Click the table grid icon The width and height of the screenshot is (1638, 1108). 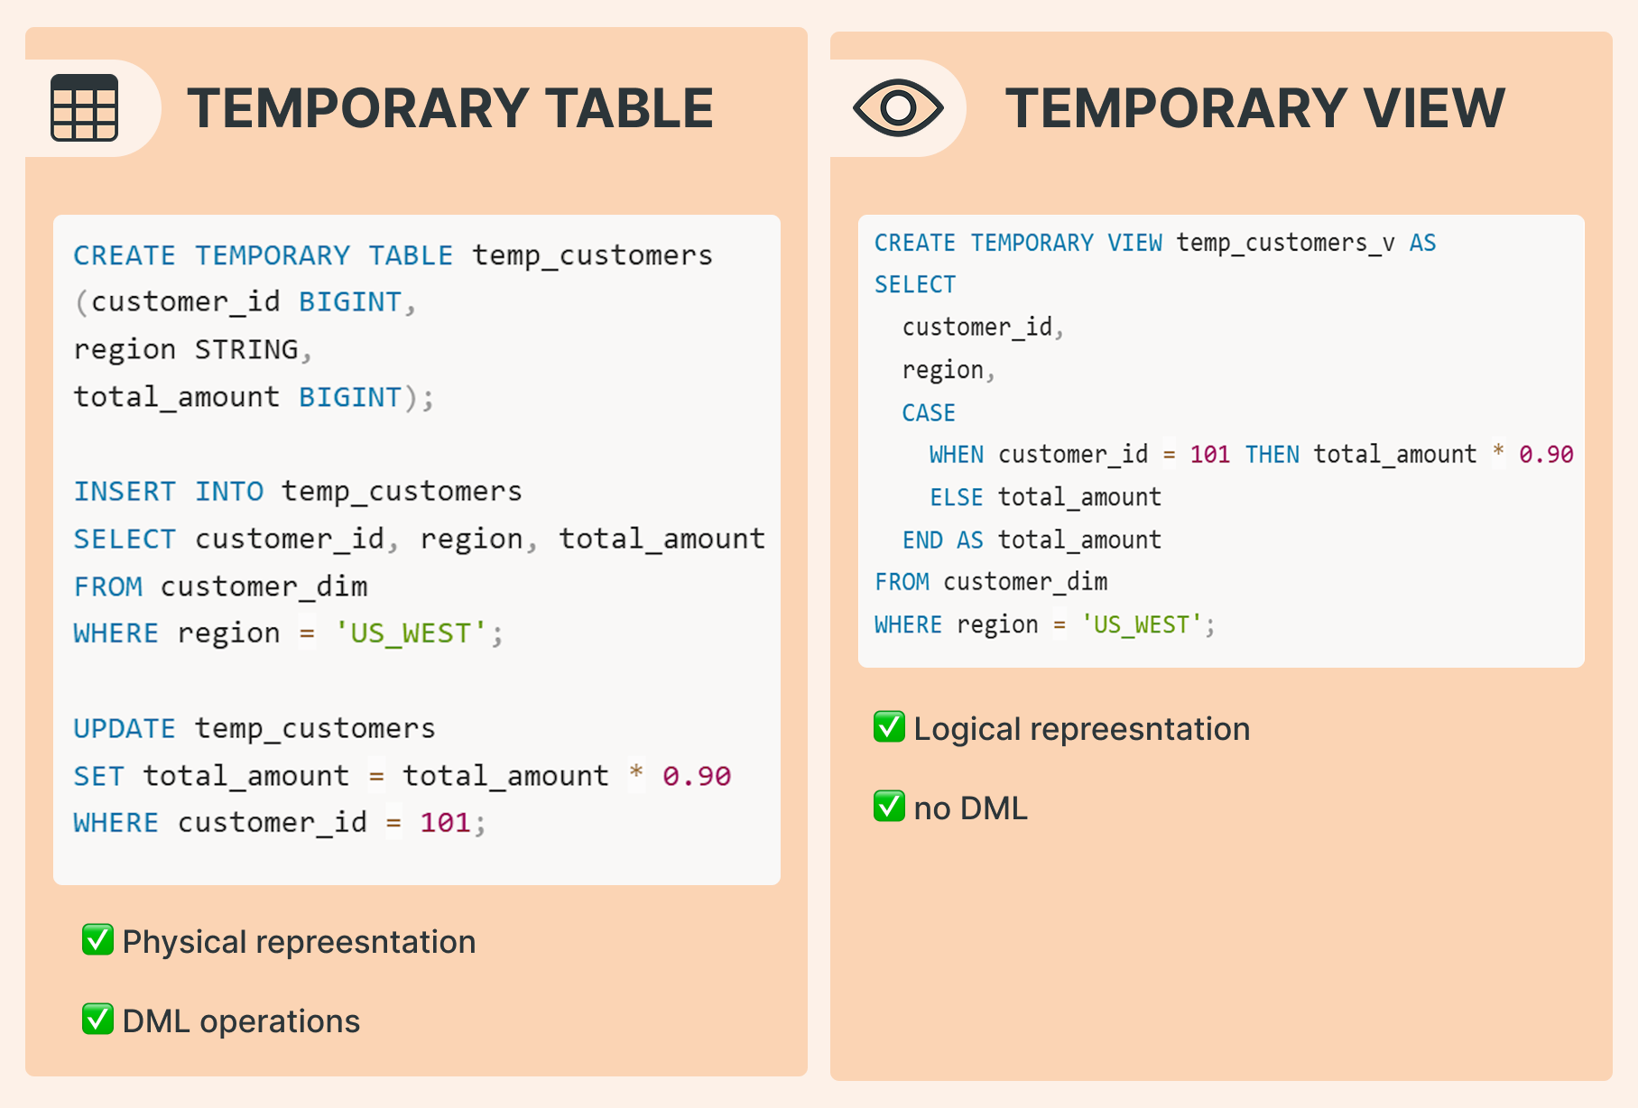coord(84,107)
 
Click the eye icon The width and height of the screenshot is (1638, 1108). coord(898,107)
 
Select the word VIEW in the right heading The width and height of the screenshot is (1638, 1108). coord(1434,109)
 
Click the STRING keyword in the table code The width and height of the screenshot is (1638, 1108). coord(246,349)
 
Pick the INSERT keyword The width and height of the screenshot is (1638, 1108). coord(125,491)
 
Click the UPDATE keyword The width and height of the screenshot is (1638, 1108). coord(125,728)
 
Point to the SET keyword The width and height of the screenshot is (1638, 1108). coord(98,776)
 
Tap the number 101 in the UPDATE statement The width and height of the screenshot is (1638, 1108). coord(445,823)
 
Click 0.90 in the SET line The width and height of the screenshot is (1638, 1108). coord(697,776)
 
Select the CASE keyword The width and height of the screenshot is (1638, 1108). coord(929,412)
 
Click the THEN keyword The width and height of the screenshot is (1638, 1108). coord(1272,455)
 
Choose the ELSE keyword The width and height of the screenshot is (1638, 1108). coord(956,497)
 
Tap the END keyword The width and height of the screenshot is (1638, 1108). coord(922,540)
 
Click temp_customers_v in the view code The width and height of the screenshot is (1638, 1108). coord(1285,243)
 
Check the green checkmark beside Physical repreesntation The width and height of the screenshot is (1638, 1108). coord(97,940)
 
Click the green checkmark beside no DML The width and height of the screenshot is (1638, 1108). coord(889,807)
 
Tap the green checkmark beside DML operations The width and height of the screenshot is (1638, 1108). coord(97,1020)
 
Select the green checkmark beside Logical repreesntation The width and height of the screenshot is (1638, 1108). coord(889,727)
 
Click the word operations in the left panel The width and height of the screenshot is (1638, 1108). coord(280,1021)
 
